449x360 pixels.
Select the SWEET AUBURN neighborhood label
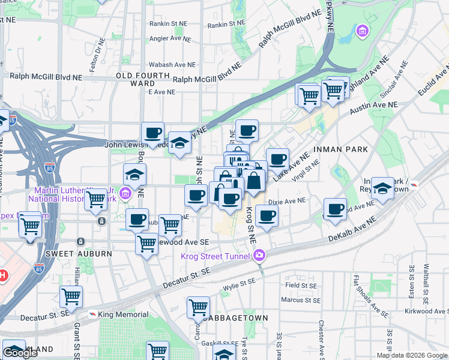[73, 254]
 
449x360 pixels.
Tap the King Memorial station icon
[93, 314]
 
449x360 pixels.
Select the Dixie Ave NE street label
[287, 202]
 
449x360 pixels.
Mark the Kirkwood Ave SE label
[431, 312]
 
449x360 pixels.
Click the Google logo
[20, 353]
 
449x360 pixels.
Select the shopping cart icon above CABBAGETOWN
[198, 307]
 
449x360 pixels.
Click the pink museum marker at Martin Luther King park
[125, 193]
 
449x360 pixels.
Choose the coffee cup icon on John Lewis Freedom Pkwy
[152, 133]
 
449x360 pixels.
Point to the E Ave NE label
[161, 92]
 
